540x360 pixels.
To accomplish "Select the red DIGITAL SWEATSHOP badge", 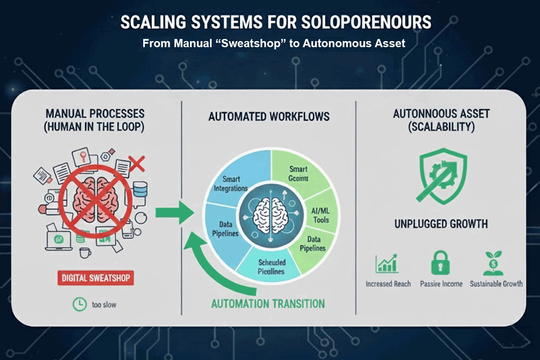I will (95, 278).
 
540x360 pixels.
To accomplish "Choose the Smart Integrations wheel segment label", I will (231, 183).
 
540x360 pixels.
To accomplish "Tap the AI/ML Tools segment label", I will (320, 215).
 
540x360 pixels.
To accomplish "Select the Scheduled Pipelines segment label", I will (271, 267).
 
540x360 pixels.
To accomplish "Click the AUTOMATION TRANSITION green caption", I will (268, 303).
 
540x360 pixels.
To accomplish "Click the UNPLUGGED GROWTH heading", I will (441, 224).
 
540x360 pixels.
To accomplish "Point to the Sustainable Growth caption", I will (496, 284).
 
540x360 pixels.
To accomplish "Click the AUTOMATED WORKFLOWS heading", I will (269, 116).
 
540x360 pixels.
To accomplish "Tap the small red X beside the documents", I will (137, 164).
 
